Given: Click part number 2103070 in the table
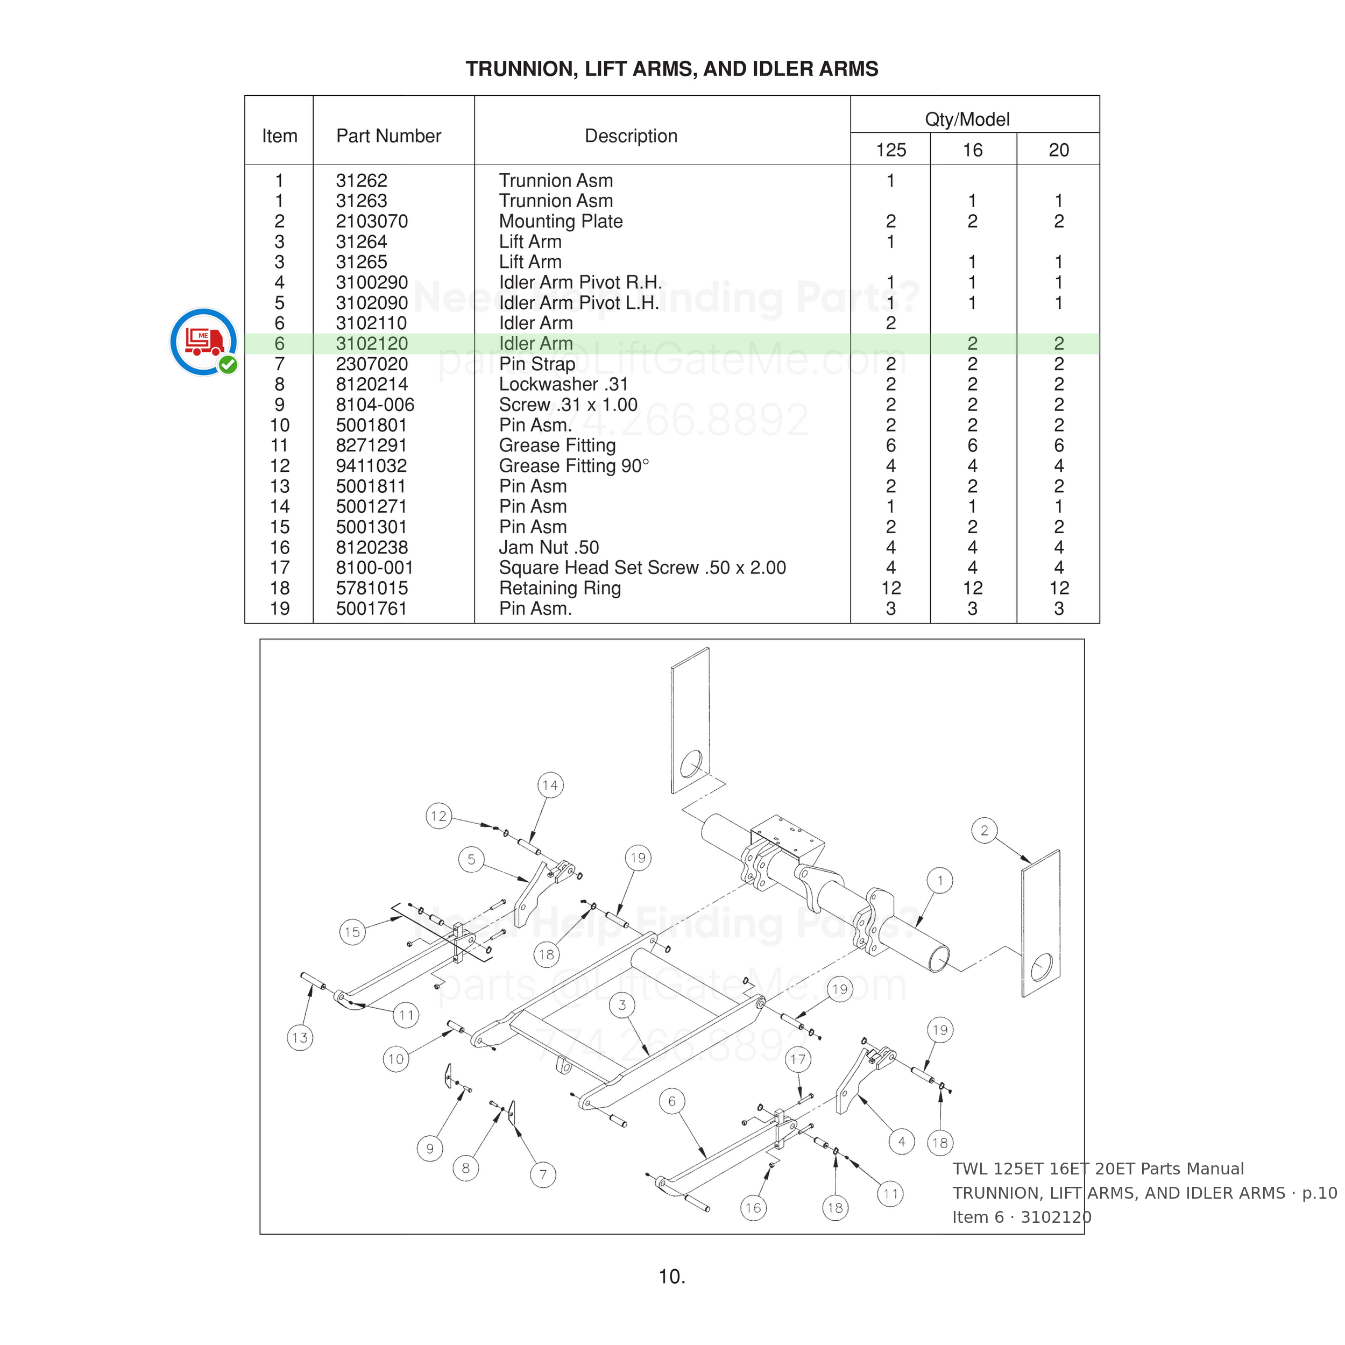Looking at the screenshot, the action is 372,221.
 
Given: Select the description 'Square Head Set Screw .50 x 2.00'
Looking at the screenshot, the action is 642,568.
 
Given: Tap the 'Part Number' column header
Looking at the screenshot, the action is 388,136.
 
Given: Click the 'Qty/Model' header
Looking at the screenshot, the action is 967,120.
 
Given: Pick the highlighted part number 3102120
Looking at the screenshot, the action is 372,343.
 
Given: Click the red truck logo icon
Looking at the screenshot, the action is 204,342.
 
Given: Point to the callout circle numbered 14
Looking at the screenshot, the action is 550,785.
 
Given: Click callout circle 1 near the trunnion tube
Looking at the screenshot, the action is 940,881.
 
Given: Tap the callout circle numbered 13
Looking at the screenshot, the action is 300,1037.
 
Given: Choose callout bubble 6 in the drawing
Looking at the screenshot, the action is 672,1101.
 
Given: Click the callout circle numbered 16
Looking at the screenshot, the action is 753,1208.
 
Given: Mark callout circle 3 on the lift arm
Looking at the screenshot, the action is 622,1004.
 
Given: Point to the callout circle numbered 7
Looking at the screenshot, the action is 543,1174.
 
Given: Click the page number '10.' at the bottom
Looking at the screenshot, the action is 672,1277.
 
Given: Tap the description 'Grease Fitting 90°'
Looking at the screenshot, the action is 574,466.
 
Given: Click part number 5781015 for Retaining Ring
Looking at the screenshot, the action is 372,588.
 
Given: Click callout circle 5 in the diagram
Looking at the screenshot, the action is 471,859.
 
